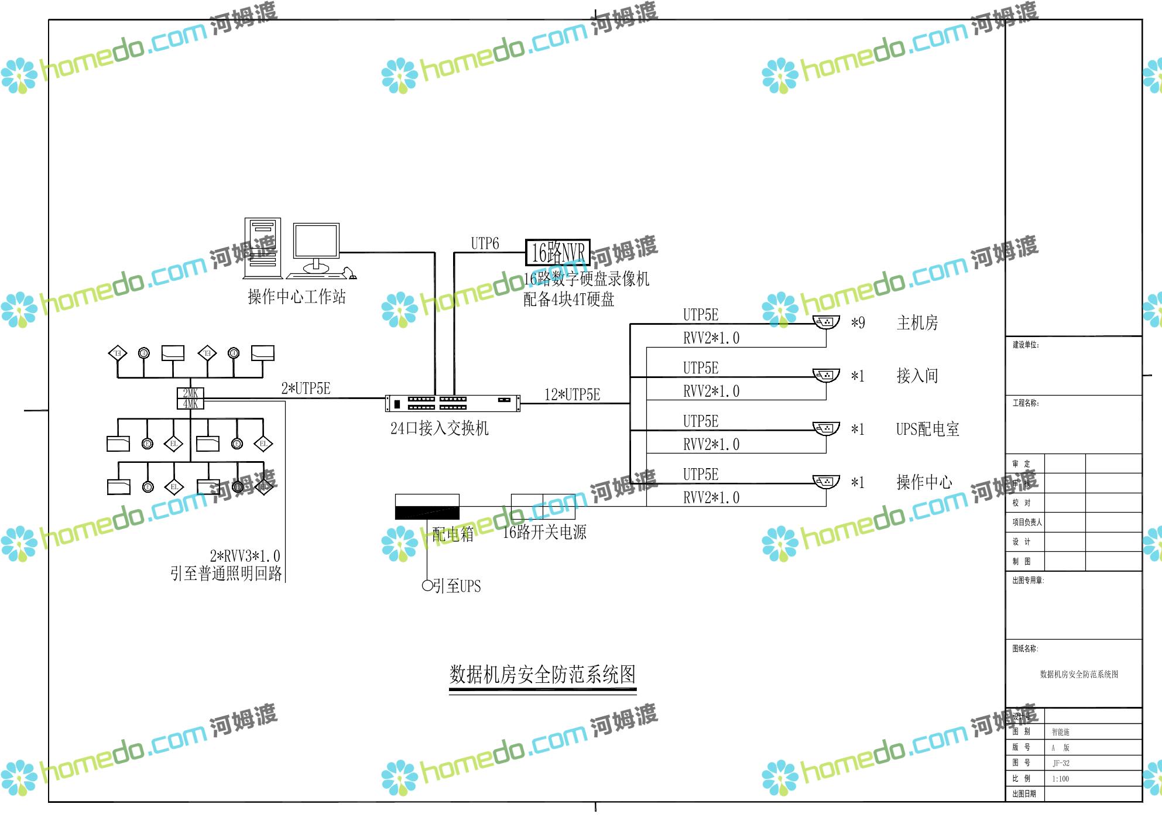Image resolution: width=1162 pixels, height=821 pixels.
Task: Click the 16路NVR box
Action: [557, 253]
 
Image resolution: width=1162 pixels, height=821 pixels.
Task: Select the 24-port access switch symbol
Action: [453, 403]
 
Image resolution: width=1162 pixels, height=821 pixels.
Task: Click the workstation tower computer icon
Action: [262, 248]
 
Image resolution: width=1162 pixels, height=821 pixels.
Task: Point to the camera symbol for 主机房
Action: [826, 322]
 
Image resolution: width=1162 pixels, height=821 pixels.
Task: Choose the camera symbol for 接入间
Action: [826, 375]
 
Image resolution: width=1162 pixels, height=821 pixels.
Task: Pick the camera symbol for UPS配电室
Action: [826, 429]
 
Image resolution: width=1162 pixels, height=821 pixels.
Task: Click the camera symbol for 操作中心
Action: [826, 482]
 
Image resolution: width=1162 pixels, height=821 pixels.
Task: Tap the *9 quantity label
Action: [858, 323]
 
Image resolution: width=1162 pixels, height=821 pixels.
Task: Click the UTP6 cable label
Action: [485, 243]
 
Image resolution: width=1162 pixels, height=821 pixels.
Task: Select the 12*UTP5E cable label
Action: [572, 395]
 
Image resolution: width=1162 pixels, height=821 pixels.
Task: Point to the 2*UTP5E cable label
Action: [306, 389]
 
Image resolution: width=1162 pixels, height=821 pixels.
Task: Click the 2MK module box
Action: [190, 393]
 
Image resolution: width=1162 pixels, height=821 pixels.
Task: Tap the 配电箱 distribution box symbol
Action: [427, 507]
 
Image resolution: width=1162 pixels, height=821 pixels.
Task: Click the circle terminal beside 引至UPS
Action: [427, 585]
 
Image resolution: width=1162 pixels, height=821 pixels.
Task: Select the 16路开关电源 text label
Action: [544, 533]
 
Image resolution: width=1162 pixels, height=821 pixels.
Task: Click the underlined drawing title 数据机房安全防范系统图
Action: [542, 675]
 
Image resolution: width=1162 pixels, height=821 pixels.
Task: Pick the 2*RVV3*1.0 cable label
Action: [245, 556]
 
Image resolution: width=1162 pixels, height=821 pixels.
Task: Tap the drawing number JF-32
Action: [1061, 763]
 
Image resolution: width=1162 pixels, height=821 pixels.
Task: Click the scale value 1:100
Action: [1060, 779]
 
